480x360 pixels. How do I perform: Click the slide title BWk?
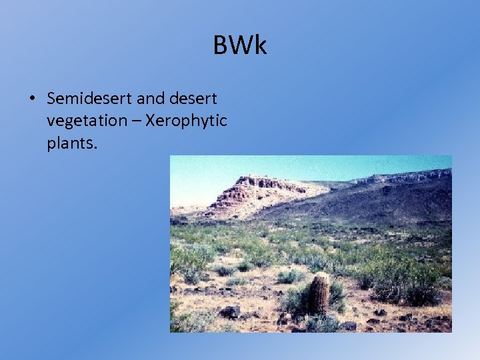pos(240,45)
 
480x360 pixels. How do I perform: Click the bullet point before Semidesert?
pos(32,99)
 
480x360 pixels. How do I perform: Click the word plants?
pos(70,143)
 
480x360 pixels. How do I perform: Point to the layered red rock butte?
pos(257,193)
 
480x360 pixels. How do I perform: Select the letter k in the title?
pos(260,45)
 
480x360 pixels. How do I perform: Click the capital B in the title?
pos(221,45)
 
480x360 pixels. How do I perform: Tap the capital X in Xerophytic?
pos(150,121)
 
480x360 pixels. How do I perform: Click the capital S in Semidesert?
pos(52,99)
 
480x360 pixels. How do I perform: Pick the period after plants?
pos(96,147)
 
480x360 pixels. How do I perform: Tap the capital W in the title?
pos(240,45)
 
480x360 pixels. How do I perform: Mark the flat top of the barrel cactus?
pos(321,275)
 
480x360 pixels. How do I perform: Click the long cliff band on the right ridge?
pos(407,177)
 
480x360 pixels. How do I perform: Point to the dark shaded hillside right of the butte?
pos(373,203)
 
